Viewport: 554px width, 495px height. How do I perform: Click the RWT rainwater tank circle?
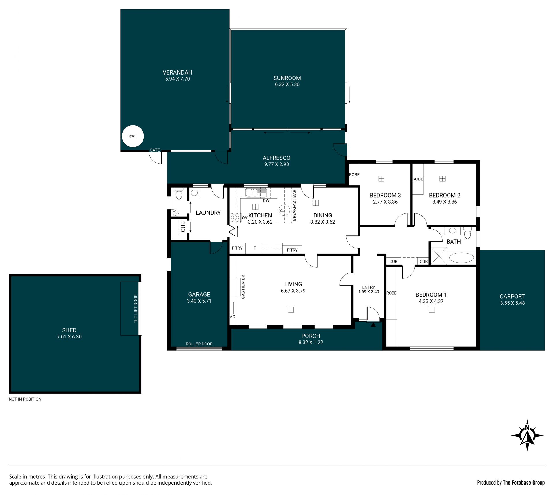click(133, 136)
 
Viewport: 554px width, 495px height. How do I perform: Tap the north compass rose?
click(527, 435)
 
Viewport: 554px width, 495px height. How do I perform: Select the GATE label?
click(155, 150)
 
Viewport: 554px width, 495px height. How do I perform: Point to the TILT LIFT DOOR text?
click(136, 309)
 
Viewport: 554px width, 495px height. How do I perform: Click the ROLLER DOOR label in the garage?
click(199, 344)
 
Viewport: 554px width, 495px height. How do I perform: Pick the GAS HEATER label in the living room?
click(243, 287)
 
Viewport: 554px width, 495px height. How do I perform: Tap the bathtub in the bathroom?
click(462, 258)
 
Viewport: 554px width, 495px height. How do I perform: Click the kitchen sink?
click(256, 193)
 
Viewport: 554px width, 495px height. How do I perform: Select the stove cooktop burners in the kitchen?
click(235, 217)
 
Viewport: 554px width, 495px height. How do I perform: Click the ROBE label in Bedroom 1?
click(391, 293)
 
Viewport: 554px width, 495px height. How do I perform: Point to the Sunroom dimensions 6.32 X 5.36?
click(287, 85)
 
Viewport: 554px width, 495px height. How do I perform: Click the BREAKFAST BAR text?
click(294, 205)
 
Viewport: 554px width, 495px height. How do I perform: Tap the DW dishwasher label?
click(266, 200)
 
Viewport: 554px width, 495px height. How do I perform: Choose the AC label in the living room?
click(232, 317)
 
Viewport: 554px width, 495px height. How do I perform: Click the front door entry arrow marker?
click(373, 325)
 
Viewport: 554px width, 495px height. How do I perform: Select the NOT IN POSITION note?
click(25, 399)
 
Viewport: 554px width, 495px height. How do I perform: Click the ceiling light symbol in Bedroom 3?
click(381, 178)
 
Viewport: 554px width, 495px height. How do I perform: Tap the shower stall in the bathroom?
click(439, 256)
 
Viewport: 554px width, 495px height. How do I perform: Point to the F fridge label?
click(255, 248)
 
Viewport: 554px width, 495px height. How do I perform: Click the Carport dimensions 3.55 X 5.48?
click(512, 303)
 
